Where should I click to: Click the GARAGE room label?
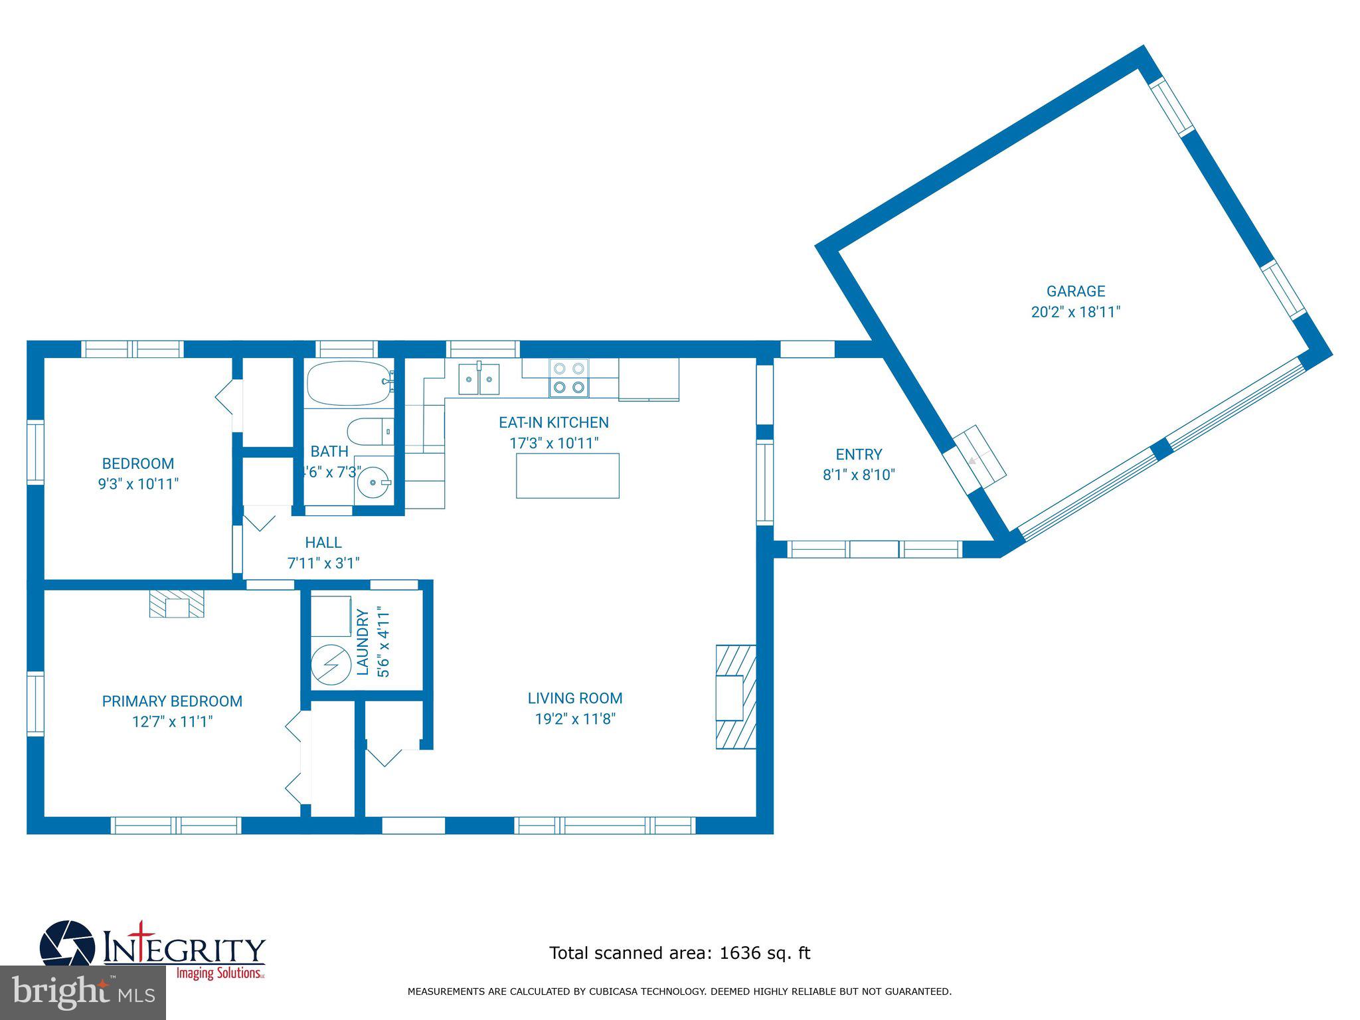tap(1075, 292)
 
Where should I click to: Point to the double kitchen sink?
tap(479, 379)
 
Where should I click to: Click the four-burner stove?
tap(569, 379)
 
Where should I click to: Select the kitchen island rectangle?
tap(568, 475)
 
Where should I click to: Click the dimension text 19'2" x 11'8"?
tap(575, 719)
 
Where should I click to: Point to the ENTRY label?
tap(859, 455)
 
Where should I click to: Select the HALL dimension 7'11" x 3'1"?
tap(323, 563)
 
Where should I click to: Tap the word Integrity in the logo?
tap(184, 948)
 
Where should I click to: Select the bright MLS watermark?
tap(83, 992)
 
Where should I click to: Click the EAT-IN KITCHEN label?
tap(554, 422)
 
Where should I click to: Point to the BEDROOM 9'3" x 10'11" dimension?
tap(138, 483)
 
